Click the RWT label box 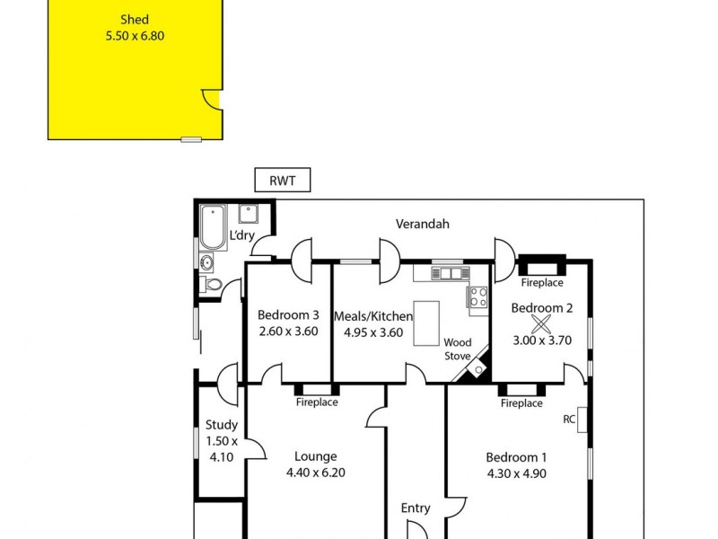283,181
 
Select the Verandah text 423,225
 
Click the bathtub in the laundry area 214,228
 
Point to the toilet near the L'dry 213,285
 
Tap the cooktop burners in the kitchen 478,296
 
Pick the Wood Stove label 458,349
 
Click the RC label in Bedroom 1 569,418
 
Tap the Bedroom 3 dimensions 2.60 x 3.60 288,331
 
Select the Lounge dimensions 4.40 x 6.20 314,473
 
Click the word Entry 416,508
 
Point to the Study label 222,425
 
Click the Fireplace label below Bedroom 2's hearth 542,283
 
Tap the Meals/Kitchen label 373,316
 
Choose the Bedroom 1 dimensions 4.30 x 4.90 516,473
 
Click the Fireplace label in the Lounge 317,402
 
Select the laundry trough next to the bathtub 249,214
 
